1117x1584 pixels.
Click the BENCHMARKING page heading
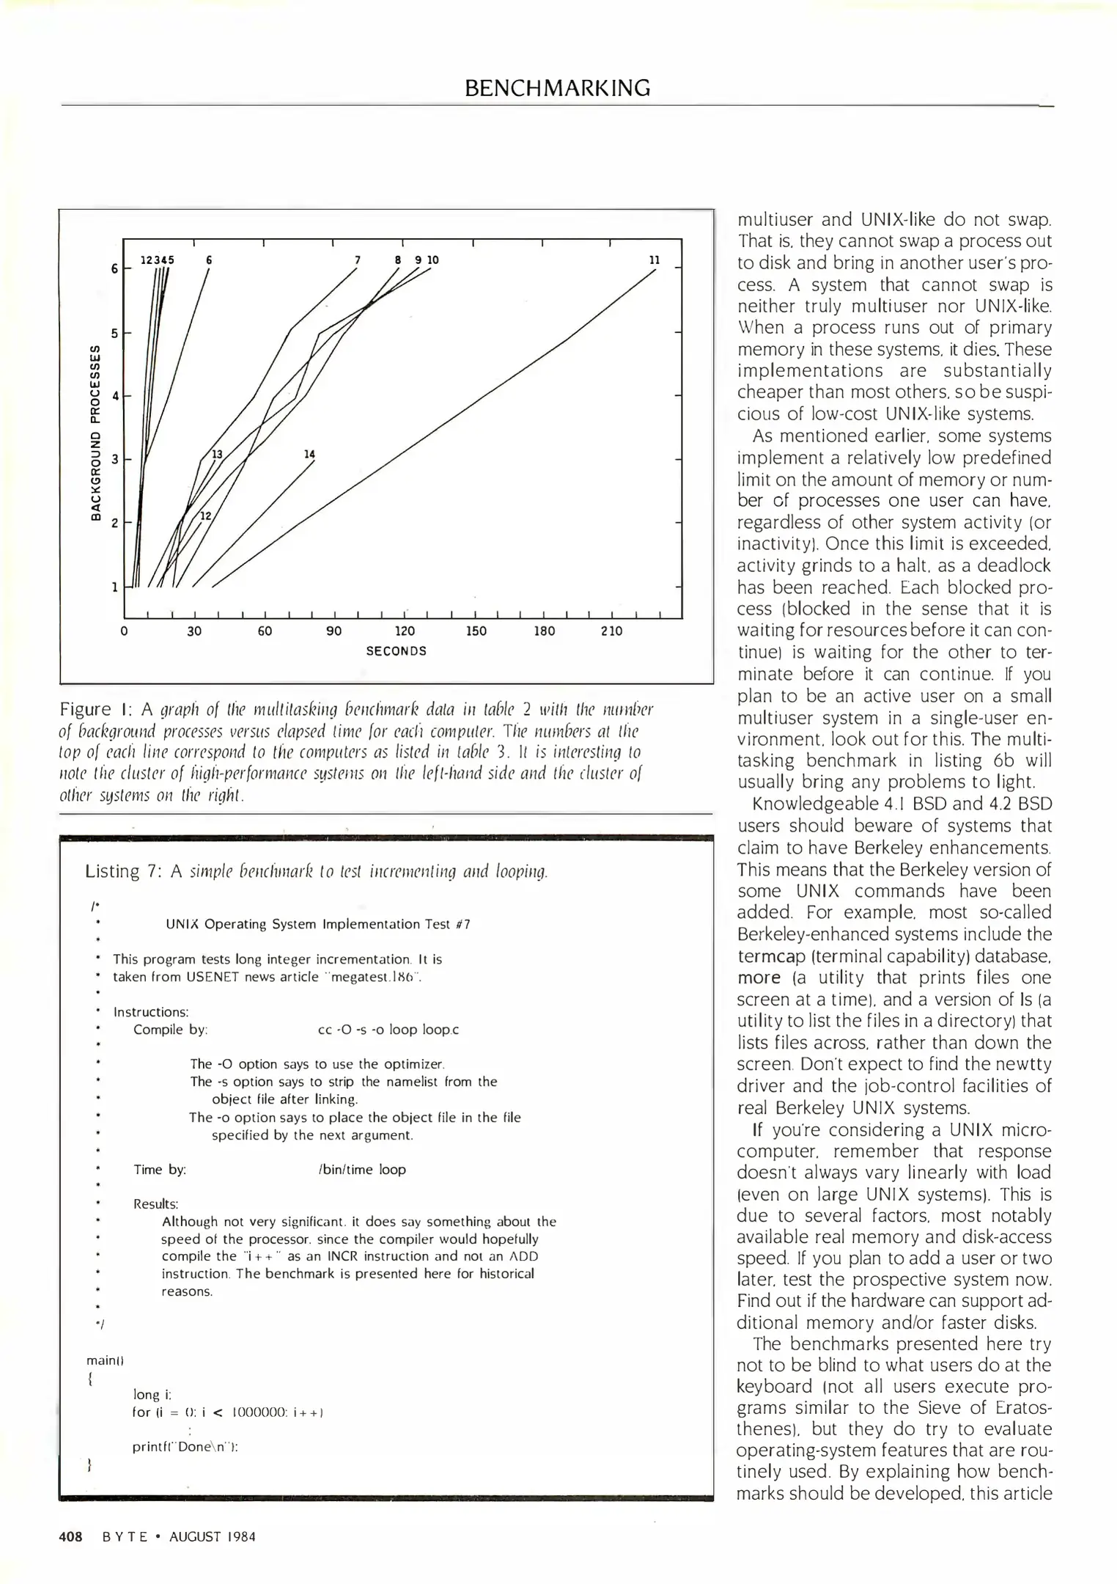pos(557,88)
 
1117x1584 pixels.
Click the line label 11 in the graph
pos(655,260)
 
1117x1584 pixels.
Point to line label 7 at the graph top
pos(357,260)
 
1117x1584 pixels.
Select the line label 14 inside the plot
pos(309,455)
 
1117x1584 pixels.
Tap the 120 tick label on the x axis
pos(405,631)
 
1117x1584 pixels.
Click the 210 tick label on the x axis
pos(611,631)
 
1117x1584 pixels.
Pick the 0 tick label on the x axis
pos(125,631)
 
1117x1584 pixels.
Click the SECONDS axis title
pos(396,651)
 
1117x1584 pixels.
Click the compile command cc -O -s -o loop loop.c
pos(388,1030)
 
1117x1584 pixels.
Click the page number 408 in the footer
pos(71,1537)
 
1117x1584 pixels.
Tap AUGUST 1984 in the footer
pos(213,1537)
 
